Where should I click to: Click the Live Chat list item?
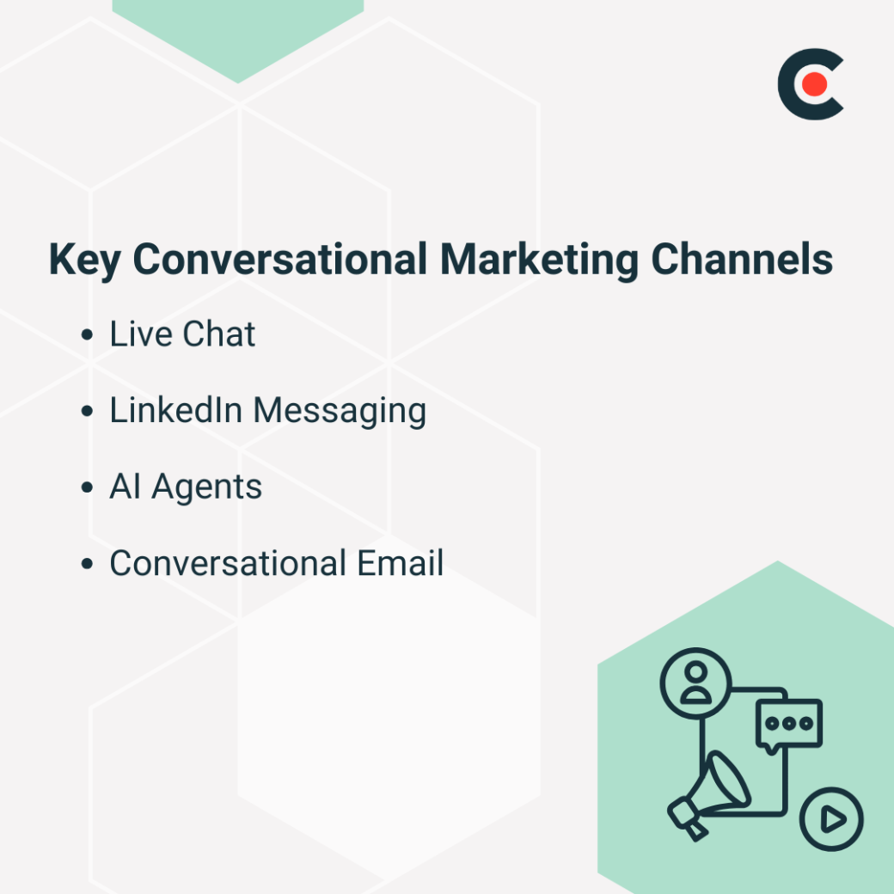(182, 334)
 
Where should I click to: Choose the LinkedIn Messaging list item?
(267, 411)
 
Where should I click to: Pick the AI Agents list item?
(186, 487)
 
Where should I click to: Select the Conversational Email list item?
(276, 564)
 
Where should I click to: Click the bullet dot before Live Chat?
(87, 335)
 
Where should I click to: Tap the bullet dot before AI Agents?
(87, 488)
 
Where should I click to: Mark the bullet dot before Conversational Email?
(87, 565)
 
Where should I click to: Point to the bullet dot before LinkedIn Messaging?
(87, 412)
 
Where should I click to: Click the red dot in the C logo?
(816, 84)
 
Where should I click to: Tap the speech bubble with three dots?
(789, 724)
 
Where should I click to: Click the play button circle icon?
(831, 819)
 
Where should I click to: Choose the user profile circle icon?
(695, 683)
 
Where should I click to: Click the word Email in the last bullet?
(399, 564)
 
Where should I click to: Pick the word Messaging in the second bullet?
(340, 412)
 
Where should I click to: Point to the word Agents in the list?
(207, 488)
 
